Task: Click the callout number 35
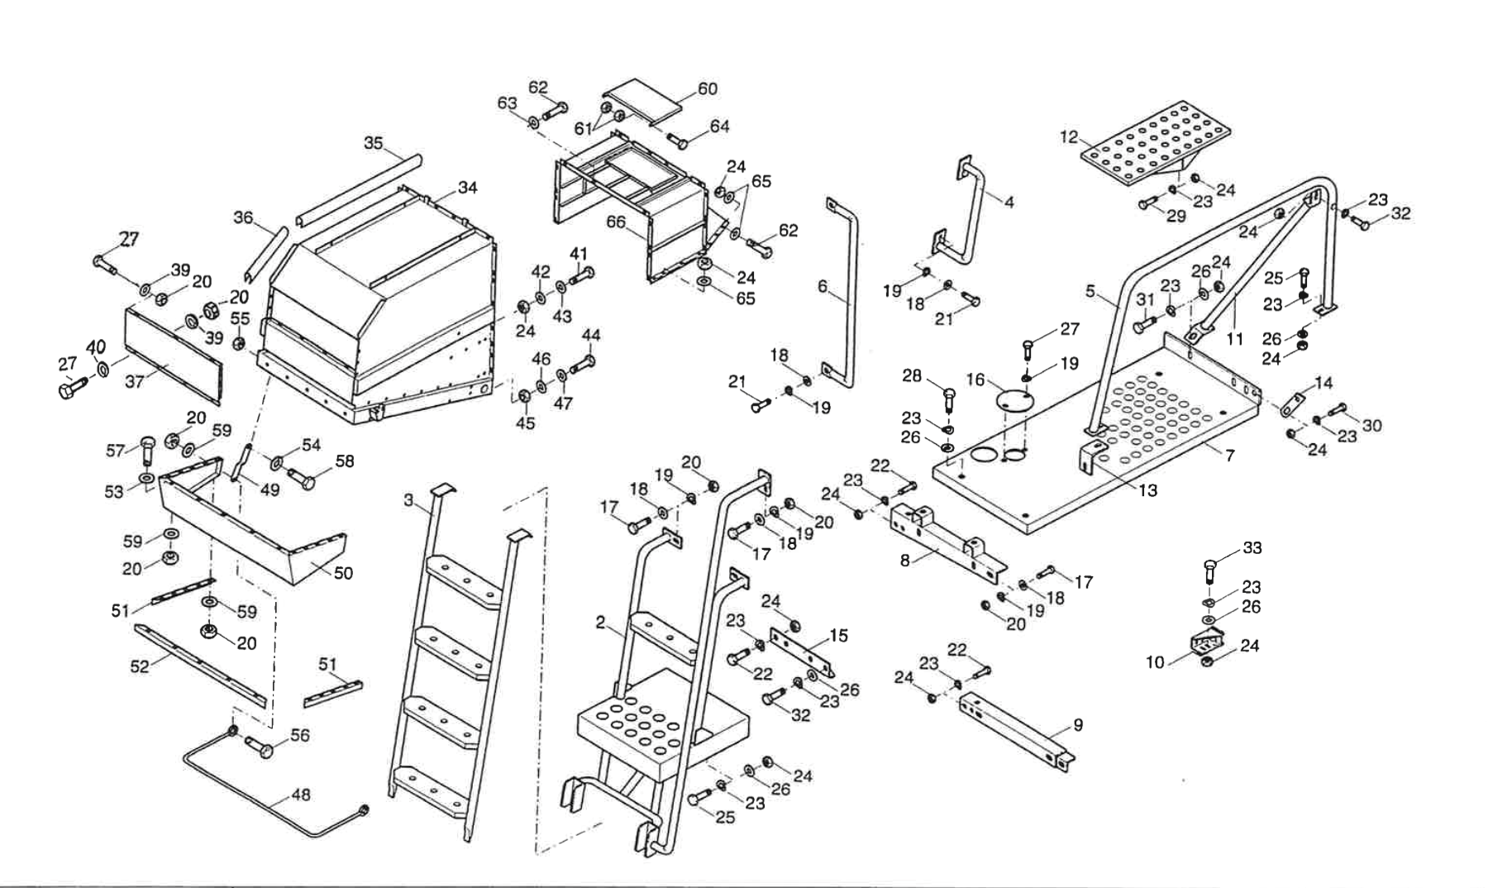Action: coord(373,143)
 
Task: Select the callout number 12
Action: coord(1070,137)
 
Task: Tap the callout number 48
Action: coord(301,795)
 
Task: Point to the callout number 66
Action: coord(616,222)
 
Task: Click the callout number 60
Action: coord(708,88)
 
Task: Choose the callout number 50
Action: coord(343,572)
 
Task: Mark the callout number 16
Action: coord(975,380)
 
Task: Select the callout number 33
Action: coord(1252,548)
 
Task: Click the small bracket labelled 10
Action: coord(1208,642)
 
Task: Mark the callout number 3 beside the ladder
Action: coord(408,500)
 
